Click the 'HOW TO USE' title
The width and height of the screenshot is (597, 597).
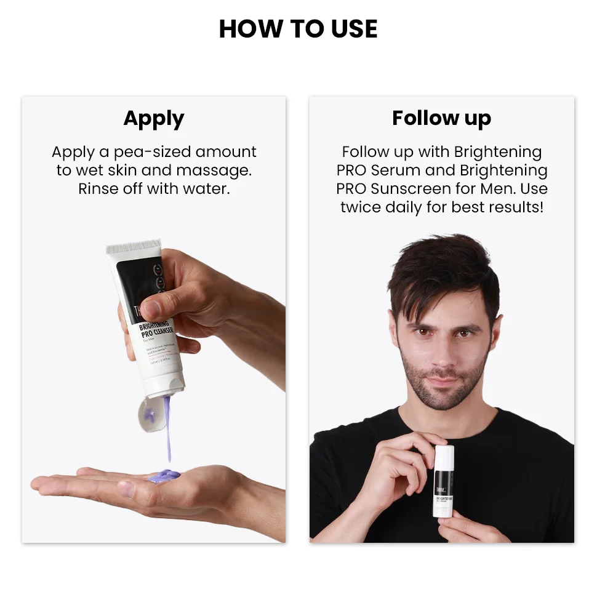point(298,29)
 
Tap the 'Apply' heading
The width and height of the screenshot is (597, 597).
point(154,118)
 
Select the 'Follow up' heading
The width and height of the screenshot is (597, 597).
point(441,118)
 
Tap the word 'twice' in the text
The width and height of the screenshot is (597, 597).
point(360,207)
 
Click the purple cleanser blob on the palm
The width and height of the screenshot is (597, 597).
point(162,476)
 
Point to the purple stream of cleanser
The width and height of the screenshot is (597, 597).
point(167,431)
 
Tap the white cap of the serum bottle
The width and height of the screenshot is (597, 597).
point(444,456)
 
